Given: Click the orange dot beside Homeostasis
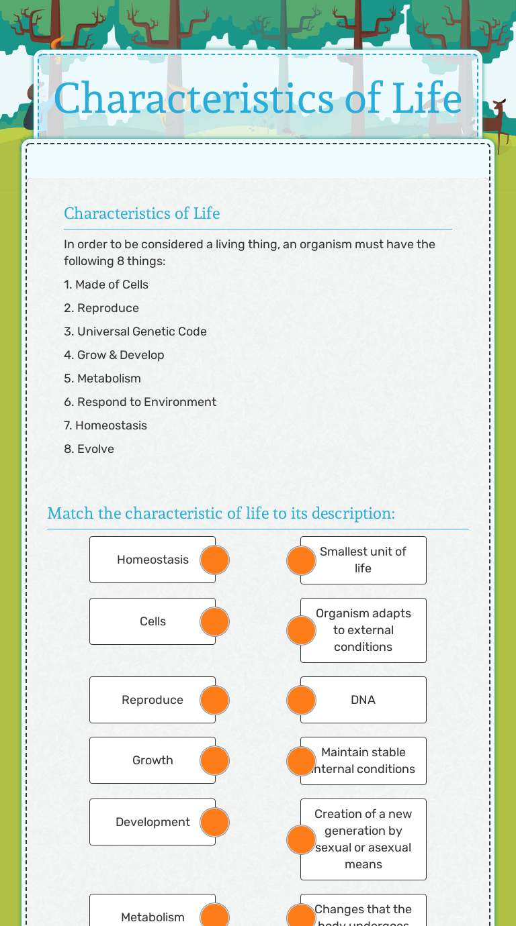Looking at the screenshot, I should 215,560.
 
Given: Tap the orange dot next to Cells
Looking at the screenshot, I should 215,621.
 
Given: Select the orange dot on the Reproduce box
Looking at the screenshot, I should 215,700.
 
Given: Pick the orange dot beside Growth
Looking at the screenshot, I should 215,760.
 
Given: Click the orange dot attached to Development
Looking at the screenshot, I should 215,822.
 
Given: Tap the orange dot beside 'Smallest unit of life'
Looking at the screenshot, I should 301,560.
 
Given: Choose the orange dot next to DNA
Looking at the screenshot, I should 301,700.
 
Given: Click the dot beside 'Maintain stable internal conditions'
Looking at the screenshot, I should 301,761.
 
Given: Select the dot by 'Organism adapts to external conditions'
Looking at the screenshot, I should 301,630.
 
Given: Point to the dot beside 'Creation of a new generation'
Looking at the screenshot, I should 301,839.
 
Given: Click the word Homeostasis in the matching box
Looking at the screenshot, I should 153,560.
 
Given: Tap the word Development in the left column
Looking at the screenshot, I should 153,822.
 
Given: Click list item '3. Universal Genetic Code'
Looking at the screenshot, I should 135,331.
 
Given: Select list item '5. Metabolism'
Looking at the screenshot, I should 102,378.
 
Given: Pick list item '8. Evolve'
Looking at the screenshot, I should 89,449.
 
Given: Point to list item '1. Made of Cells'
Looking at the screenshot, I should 106,285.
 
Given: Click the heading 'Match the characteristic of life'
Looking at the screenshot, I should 221,513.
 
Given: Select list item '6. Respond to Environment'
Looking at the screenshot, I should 140,402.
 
